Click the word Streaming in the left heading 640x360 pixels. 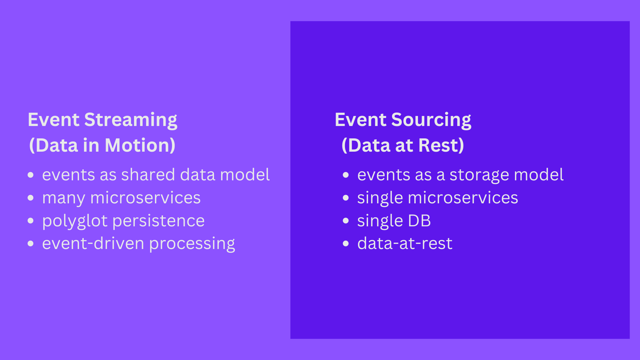point(131,120)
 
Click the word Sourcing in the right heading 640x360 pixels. point(431,120)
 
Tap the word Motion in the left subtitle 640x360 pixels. point(140,145)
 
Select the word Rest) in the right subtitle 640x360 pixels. point(441,145)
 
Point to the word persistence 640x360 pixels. point(159,221)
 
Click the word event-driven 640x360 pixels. point(93,243)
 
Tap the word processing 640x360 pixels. point(192,244)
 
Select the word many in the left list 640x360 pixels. point(64,198)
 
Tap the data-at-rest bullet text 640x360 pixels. point(405,243)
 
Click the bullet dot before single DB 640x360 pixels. point(346,221)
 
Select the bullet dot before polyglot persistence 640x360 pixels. point(31,221)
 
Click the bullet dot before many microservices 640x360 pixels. point(31,198)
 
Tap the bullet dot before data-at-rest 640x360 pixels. point(346,244)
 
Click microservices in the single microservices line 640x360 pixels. point(463,198)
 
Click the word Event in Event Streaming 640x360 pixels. point(53,120)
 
